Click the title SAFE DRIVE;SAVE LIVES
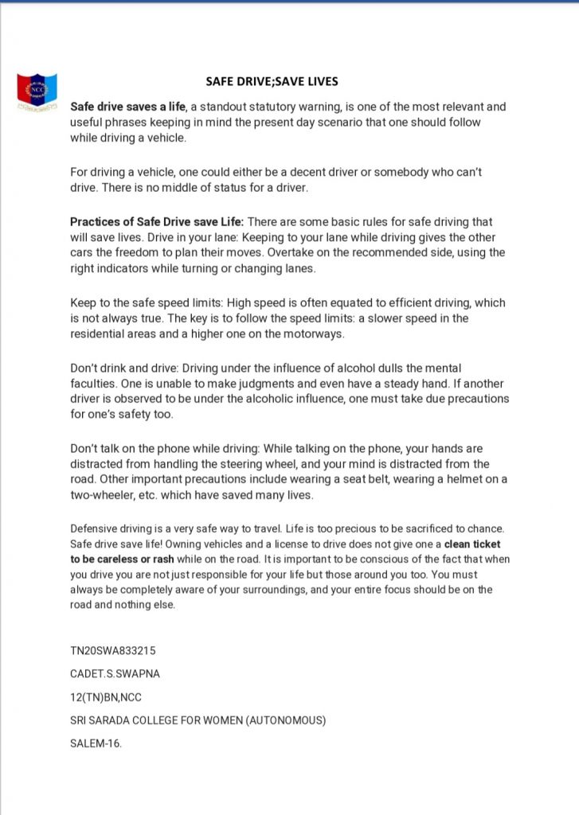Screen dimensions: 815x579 click(x=272, y=81)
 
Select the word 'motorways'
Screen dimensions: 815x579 click(x=315, y=334)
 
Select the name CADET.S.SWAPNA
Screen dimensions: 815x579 click(x=115, y=673)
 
